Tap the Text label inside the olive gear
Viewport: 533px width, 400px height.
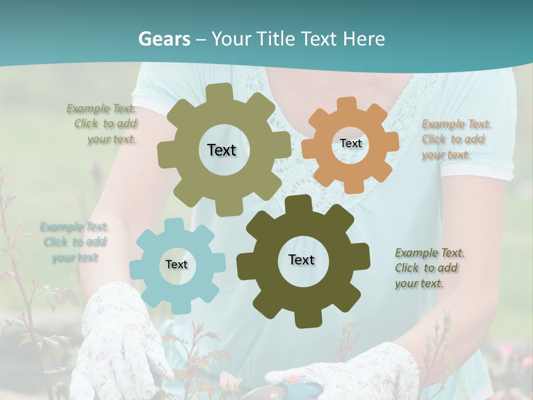222,150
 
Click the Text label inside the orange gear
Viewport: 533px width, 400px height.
350,143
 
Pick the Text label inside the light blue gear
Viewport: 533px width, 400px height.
177,264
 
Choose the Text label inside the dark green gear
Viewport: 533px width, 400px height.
301,259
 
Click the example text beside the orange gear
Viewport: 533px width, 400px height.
456,139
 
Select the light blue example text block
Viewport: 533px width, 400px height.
74,242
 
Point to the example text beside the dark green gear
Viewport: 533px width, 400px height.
429,268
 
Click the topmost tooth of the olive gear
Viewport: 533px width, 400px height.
222,91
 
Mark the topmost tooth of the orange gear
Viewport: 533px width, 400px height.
346,104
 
